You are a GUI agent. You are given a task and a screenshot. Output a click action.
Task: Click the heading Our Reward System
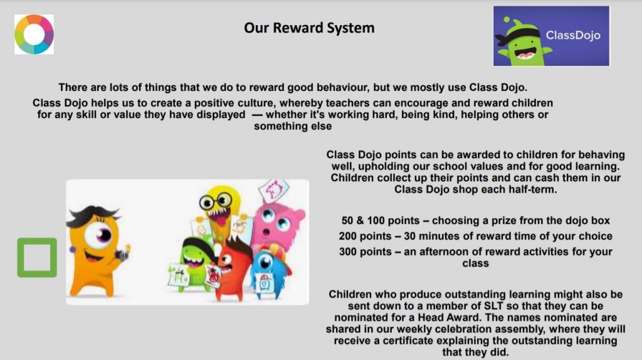click(309, 28)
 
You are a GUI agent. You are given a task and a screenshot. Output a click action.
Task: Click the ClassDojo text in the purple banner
click(573, 35)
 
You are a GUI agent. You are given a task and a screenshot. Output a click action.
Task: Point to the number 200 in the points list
click(347, 236)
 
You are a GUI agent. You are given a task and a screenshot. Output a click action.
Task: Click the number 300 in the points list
click(347, 252)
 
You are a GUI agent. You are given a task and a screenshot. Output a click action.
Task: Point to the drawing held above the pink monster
click(273, 191)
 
